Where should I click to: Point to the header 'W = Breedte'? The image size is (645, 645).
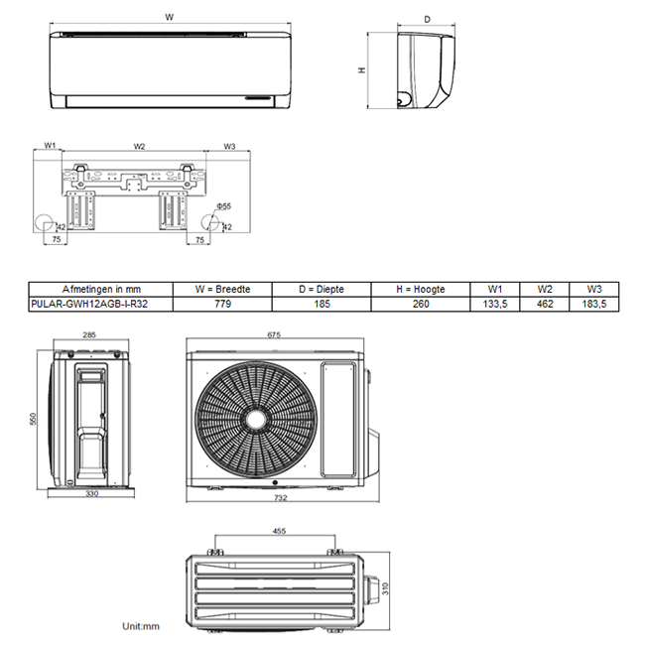click(x=222, y=289)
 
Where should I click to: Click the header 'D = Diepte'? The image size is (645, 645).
click(x=322, y=289)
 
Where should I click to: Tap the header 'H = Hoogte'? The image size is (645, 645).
click(x=420, y=289)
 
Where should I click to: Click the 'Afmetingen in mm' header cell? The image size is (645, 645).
click(x=99, y=289)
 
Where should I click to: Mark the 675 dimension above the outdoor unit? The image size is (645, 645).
click(x=274, y=335)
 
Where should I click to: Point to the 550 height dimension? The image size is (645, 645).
click(x=32, y=420)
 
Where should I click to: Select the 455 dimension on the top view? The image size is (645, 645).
click(x=279, y=531)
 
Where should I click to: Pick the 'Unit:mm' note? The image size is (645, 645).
click(x=140, y=626)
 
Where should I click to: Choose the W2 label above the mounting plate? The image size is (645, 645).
click(x=139, y=146)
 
